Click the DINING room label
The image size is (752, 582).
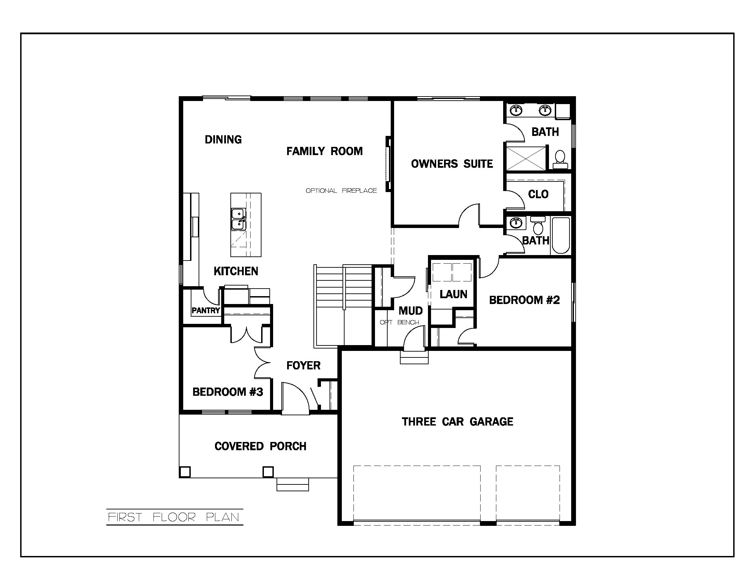click(223, 139)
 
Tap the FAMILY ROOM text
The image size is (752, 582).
click(324, 151)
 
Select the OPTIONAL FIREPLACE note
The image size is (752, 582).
click(341, 190)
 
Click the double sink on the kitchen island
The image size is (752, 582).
click(238, 219)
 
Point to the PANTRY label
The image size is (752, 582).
click(205, 310)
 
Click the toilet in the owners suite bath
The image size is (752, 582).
click(560, 160)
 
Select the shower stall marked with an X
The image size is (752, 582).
click(525, 158)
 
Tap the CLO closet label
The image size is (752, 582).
click(538, 194)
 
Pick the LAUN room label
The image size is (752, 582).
click(453, 294)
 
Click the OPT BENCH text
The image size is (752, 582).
click(399, 322)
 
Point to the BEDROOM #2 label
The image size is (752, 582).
click(524, 300)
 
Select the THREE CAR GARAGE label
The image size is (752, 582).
click(457, 422)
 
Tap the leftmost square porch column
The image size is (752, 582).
click(185, 472)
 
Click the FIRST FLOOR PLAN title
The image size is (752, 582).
click(174, 517)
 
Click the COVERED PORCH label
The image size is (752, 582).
click(260, 446)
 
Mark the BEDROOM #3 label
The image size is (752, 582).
click(228, 392)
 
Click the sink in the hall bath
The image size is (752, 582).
click(515, 223)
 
